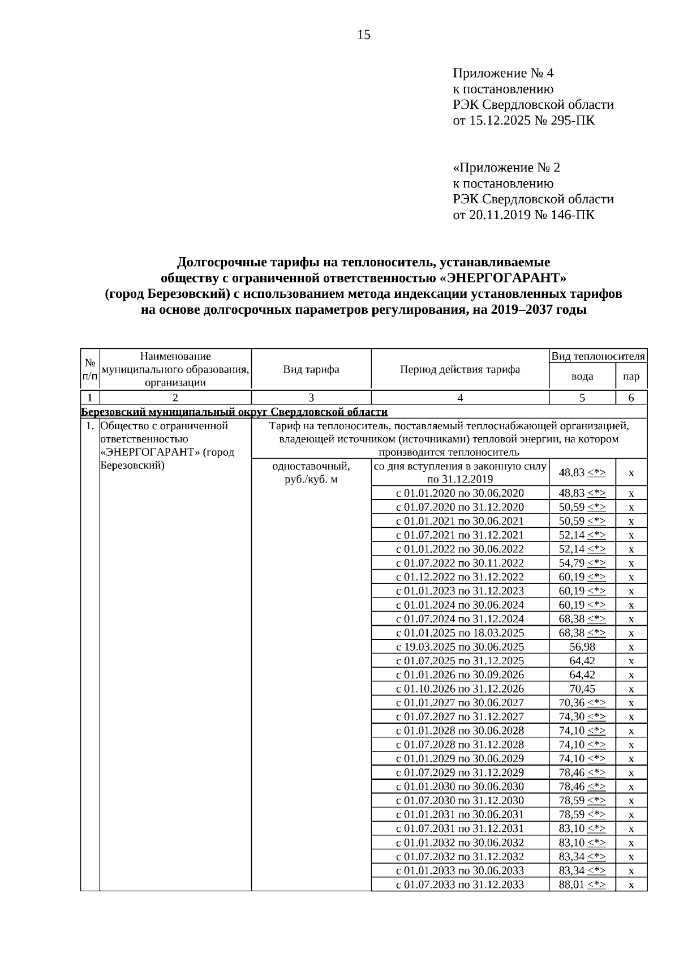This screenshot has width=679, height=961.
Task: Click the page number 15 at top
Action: (364, 35)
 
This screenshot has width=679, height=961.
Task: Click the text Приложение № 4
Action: (503, 73)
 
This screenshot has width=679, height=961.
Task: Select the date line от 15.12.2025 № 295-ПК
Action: (523, 121)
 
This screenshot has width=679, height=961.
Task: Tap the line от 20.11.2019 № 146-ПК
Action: (523, 215)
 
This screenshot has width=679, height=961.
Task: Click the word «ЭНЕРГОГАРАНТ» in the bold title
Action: (502, 278)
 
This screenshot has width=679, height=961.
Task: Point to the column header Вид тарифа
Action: (311, 369)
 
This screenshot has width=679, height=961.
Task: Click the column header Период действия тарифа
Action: (460, 369)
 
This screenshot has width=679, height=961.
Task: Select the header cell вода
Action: (582, 377)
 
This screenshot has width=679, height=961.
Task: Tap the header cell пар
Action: (631, 377)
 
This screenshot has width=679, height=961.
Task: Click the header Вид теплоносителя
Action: (598, 356)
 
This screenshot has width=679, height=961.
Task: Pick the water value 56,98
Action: (582, 647)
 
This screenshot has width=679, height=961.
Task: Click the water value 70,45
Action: (582, 689)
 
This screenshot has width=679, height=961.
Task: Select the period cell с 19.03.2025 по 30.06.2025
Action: (460, 647)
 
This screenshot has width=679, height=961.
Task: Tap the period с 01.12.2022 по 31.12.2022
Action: (460, 576)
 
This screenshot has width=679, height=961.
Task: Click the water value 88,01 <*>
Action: (582, 885)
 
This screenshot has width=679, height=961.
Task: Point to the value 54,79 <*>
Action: (582, 563)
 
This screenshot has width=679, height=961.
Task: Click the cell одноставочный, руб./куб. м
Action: (311, 473)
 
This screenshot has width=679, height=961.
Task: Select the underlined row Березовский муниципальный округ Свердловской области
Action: (235, 412)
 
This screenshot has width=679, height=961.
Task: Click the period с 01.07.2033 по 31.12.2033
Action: (460, 885)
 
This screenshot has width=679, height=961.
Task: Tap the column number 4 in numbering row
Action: (460, 398)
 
